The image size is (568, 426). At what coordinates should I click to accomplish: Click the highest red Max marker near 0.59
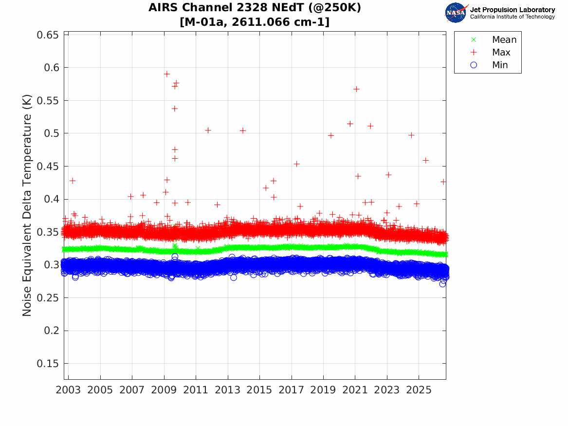[167, 74]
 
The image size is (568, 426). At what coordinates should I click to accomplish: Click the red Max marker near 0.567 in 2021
[356, 89]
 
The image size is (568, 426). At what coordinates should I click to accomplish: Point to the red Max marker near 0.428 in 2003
[73, 181]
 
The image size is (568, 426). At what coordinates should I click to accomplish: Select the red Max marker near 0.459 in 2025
[426, 161]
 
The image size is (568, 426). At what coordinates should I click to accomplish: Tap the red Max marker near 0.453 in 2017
[297, 164]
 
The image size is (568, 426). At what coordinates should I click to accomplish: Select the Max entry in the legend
[491, 52]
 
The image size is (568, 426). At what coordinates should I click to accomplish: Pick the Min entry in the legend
[489, 65]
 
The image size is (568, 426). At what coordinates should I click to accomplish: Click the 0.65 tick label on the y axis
[47, 35]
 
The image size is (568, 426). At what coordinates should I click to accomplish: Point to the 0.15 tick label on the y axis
[47, 363]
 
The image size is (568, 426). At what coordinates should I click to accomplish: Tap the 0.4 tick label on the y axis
[51, 199]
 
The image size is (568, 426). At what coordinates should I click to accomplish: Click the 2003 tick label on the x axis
[68, 390]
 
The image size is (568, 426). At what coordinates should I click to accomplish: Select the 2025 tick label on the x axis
[419, 390]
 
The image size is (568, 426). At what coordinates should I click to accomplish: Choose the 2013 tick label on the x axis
[227, 390]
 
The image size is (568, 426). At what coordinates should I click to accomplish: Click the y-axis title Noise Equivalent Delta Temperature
[27, 205]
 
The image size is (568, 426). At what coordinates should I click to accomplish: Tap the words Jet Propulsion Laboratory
[513, 10]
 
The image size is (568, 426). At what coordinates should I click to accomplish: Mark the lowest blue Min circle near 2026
[442, 284]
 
